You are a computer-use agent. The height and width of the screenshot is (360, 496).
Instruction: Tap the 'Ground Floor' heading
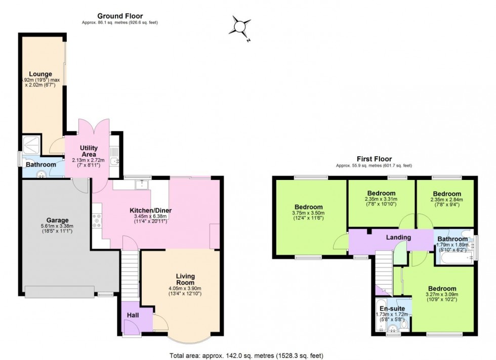[120, 16]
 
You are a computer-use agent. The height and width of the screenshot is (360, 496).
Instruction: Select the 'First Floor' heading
[374, 159]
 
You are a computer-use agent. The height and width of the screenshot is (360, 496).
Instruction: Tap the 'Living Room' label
[185, 279]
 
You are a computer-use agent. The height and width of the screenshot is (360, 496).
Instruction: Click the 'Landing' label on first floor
[398, 237]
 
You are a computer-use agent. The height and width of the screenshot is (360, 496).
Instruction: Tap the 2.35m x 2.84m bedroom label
[447, 194]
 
